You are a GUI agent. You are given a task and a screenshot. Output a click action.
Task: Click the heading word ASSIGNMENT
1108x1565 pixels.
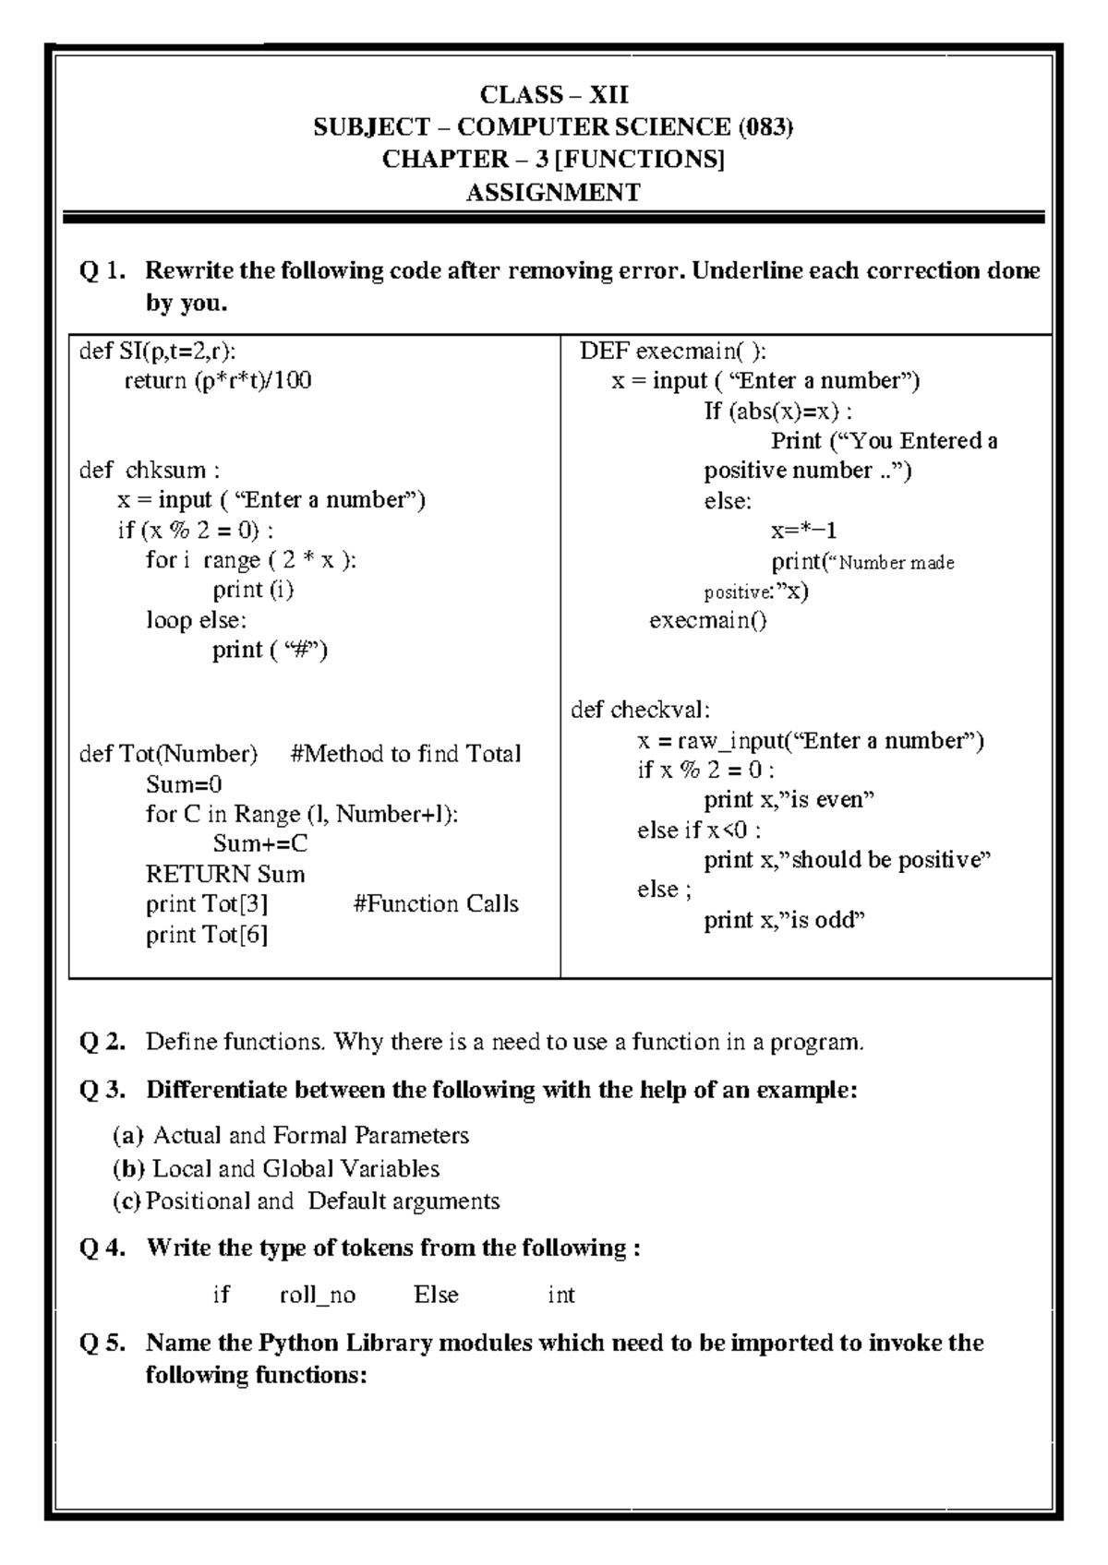click(x=552, y=193)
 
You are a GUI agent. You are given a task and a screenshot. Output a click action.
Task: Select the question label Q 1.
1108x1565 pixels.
click(x=102, y=271)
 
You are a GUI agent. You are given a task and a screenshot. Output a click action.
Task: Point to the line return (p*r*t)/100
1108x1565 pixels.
click(x=218, y=380)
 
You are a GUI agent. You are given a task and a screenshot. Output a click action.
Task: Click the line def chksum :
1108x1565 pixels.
click(x=149, y=470)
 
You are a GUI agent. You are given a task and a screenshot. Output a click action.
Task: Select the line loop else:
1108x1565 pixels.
click(x=196, y=620)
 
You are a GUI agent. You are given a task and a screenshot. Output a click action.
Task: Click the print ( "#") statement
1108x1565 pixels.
click(x=271, y=650)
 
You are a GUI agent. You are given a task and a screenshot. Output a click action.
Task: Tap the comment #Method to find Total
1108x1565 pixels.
click(x=405, y=754)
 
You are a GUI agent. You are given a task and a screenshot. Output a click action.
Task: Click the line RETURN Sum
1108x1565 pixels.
click(x=225, y=874)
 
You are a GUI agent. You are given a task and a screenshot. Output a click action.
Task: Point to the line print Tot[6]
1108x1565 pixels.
click(x=207, y=935)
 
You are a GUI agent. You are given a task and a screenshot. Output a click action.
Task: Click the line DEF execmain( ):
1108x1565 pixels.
click(x=672, y=351)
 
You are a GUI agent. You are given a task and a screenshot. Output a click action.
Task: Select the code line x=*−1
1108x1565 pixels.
click(x=804, y=531)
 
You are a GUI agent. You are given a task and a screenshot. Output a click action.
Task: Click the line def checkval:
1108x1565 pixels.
click(x=640, y=710)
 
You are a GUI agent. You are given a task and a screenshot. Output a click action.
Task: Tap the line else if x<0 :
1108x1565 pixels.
click(x=699, y=830)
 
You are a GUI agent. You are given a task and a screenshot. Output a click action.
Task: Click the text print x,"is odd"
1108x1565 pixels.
click(x=784, y=920)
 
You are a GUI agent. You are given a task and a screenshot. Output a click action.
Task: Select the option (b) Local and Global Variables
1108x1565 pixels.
click(x=275, y=1168)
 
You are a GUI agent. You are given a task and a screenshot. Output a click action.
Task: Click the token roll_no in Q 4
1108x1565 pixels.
click(x=317, y=1296)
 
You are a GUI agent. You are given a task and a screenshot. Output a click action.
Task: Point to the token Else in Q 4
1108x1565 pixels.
click(x=436, y=1296)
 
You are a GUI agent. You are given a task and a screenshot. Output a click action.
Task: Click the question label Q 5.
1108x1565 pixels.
click(x=102, y=1343)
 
